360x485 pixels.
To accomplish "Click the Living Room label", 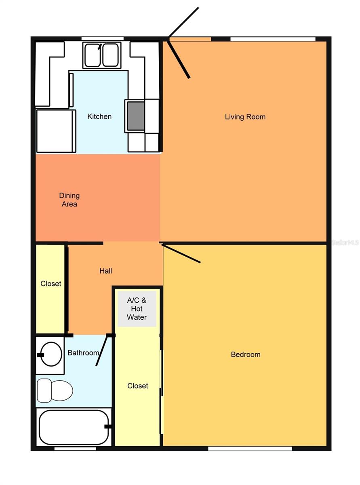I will point(245,117).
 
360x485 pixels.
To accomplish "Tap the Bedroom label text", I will point(245,354).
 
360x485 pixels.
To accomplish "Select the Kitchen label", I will point(99,116).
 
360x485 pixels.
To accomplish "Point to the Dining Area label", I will point(69,200).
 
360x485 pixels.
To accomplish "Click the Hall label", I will point(106,271).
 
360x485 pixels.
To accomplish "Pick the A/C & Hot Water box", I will point(137,309).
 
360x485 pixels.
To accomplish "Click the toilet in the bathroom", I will point(55,390).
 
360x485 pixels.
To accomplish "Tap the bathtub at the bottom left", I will point(74,427).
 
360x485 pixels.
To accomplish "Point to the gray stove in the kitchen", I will point(136,116).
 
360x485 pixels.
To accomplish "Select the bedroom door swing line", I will point(181,253).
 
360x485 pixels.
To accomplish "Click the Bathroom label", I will point(83,353).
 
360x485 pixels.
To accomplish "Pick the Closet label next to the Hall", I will point(51,284).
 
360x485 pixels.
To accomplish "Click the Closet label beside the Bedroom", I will point(138,386).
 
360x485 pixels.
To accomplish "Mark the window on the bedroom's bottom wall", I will point(250,448).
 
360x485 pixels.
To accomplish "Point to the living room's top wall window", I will point(273,39).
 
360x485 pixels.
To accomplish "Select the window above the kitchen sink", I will point(102,39).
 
